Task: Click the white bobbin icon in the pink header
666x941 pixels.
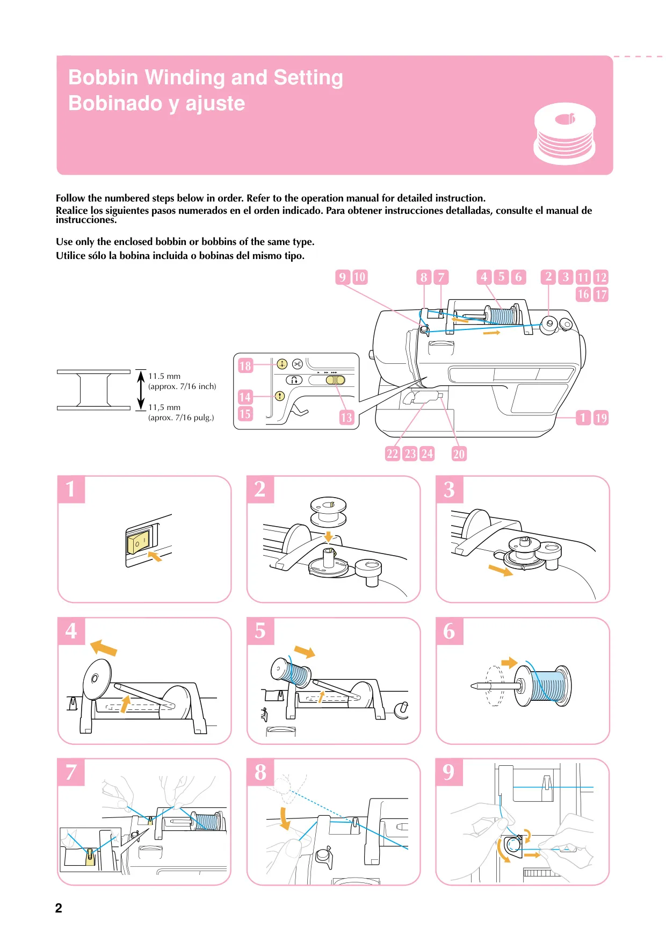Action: coord(564,134)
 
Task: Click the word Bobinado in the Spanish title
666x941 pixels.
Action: coord(118,103)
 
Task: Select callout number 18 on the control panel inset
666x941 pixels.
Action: coord(245,366)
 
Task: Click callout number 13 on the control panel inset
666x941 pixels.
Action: coord(346,418)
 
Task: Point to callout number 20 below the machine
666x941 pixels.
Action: coord(459,454)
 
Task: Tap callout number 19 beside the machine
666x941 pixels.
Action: coord(601,418)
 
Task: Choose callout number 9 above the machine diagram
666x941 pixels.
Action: coord(343,277)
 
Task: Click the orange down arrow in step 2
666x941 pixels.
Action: coord(328,536)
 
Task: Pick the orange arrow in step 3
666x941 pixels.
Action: coord(501,570)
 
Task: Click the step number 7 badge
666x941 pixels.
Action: coord(71,772)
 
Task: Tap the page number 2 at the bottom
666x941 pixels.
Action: coord(59,908)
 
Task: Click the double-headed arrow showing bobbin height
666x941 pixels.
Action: coord(141,390)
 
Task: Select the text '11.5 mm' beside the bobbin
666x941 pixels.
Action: coord(164,376)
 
